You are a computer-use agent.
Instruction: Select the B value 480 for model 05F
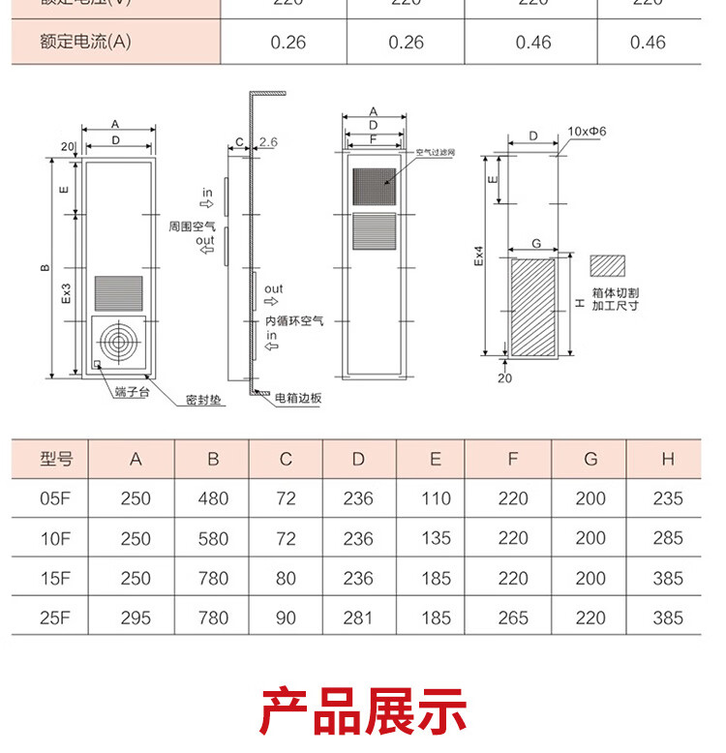(x=213, y=498)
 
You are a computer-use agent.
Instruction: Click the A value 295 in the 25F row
(x=136, y=617)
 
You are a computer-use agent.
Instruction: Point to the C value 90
(x=286, y=617)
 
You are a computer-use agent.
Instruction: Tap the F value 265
(x=513, y=617)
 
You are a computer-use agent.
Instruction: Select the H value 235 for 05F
(x=668, y=498)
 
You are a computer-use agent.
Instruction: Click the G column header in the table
(x=590, y=459)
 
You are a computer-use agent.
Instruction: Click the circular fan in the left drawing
(x=119, y=342)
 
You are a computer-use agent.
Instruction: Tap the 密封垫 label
(x=205, y=399)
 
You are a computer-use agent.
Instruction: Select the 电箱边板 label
(x=298, y=398)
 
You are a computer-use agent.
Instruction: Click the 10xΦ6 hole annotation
(x=586, y=130)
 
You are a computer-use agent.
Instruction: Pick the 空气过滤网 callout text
(x=436, y=152)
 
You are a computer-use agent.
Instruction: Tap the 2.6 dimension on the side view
(x=268, y=143)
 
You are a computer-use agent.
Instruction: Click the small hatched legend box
(x=609, y=264)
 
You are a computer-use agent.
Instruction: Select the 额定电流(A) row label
(x=85, y=42)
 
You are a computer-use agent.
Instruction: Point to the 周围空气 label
(x=192, y=225)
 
